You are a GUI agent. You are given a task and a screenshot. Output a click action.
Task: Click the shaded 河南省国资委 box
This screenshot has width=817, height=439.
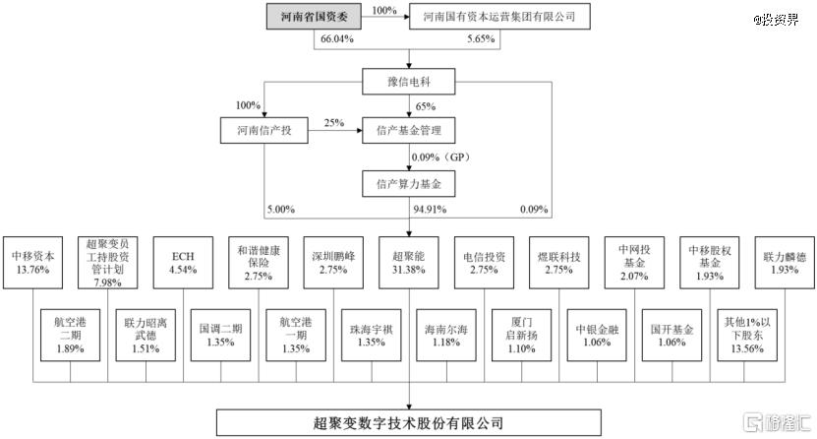315,16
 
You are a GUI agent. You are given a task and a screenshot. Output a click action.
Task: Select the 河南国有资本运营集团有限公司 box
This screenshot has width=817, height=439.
499,16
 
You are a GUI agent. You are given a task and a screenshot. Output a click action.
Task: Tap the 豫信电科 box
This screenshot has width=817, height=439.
409,82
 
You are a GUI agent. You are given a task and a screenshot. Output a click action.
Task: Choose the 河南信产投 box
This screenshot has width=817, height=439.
264,130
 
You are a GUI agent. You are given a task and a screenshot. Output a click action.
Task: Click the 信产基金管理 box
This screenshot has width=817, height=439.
409,130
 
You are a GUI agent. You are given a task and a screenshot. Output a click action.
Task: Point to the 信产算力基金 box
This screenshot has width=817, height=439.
409,184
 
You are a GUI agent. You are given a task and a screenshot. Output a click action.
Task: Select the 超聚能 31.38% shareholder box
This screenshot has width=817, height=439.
409,263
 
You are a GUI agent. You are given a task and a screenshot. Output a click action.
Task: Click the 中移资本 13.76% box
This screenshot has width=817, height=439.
32,263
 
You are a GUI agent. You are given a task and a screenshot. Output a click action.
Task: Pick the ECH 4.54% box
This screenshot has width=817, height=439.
183,263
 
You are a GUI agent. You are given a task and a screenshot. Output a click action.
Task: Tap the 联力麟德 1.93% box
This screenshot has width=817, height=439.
785,263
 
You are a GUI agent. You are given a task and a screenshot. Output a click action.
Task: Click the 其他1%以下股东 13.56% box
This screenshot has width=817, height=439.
747,336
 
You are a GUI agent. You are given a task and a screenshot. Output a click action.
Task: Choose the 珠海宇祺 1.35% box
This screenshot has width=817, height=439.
372,336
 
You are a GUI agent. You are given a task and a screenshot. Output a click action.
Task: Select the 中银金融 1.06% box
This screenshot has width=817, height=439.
597,336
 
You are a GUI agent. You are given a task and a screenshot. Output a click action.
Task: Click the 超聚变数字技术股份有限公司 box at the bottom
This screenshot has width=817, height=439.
409,423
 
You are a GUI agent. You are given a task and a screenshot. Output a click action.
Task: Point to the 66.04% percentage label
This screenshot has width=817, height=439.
336,38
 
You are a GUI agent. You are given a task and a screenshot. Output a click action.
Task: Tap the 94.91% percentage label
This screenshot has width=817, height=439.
430,210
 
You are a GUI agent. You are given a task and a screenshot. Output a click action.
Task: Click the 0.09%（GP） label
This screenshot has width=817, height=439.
440,157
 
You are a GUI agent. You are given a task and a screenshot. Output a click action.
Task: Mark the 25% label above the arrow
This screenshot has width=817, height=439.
334,123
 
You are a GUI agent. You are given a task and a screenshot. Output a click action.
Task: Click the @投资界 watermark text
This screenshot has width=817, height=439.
776,20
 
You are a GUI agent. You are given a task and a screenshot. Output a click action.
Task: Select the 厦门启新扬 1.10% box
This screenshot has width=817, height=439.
522,336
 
